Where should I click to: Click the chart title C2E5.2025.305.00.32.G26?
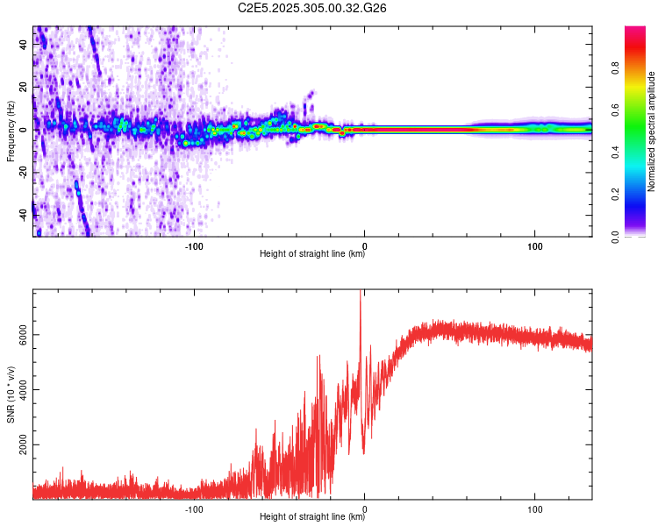click(312, 8)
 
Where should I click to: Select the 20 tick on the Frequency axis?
click(25, 88)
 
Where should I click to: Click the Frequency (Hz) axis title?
click(11, 131)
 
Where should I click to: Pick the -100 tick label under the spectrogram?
click(194, 245)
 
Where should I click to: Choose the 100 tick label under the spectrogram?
click(534, 245)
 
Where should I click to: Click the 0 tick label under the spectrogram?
click(364, 245)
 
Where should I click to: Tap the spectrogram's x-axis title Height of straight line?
click(312, 255)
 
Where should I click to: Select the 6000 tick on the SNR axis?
click(25, 335)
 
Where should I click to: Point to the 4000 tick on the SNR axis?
click(25, 390)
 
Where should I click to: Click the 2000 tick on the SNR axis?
click(25, 445)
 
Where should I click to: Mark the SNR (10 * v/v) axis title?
click(11, 394)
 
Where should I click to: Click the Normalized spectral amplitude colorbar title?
click(652, 131)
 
